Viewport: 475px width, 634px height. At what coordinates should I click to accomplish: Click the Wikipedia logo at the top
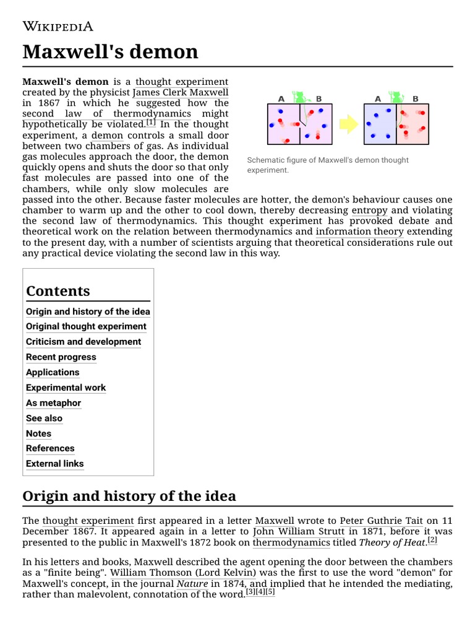pyautogui.click(x=58, y=26)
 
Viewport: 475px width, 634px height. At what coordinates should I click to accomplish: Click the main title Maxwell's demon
pyautogui.click(x=110, y=51)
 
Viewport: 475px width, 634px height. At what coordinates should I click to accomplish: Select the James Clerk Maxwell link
pyautogui.click(x=181, y=93)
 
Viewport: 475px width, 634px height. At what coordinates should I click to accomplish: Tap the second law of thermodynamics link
pyautogui.click(x=106, y=114)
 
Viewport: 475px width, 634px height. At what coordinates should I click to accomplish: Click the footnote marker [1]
pyautogui.click(x=151, y=123)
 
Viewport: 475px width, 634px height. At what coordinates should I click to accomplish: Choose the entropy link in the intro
pyautogui.click(x=369, y=211)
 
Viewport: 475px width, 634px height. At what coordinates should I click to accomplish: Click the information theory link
pyautogui.click(x=359, y=232)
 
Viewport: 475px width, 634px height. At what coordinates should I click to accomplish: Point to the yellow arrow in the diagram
pyautogui.click(x=349, y=124)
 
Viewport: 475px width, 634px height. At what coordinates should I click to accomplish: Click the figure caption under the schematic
pyautogui.click(x=328, y=165)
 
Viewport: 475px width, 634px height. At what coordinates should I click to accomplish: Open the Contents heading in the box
pyautogui.click(x=58, y=291)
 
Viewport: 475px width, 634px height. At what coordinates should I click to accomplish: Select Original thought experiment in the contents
pyautogui.click(x=86, y=326)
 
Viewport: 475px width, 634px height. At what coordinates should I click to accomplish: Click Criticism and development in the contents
pyautogui.click(x=83, y=342)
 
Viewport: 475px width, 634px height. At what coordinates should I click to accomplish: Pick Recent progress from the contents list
pyautogui.click(x=61, y=357)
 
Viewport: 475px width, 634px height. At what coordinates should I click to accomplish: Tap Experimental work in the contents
pyautogui.click(x=66, y=388)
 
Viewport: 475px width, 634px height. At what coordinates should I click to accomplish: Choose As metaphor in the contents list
pyautogui.click(x=53, y=403)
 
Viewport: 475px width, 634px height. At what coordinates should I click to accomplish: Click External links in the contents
pyautogui.click(x=54, y=464)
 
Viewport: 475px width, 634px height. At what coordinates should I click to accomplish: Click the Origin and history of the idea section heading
pyautogui.click(x=129, y=497)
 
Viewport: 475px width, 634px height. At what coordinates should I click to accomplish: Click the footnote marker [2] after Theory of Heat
pyautogui.click(x=432, y=541)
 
